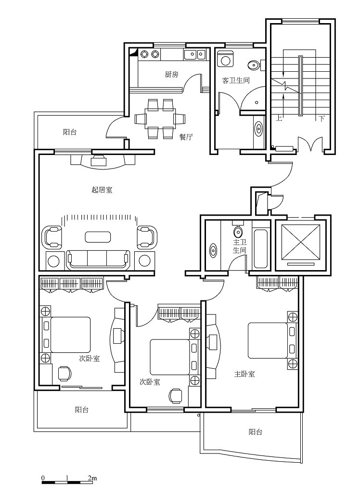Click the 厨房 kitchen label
tap(171, 74)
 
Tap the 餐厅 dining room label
tap(186, 137)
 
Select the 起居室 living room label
tap(102, 190)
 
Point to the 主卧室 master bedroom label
tap(244, 374)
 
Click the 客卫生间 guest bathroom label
tap(236, 80)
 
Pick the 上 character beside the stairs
tap(279, 118)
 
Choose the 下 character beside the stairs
tap(321, 118)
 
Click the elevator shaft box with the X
tap(301, 243)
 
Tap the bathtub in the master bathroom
tap(261, 249)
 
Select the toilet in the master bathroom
tap(238, 231)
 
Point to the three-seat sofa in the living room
tap(98, 259)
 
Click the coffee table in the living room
tap(98, 237)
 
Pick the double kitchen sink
tap(195, 55)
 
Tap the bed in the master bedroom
tap(268, 340)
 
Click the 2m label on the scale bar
tap(92, 478)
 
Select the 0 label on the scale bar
tap(43, 478)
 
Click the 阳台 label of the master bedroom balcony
tap(255, 432)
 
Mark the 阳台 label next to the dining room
tap(69, 132)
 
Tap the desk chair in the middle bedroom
tap(175, 396)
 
